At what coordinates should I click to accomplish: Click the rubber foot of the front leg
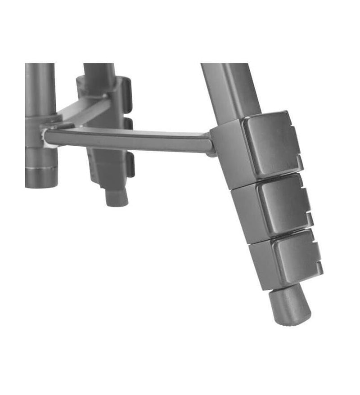point(290,306)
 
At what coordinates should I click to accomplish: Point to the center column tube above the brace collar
point(40,88)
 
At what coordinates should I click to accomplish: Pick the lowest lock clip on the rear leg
point(130,165)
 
